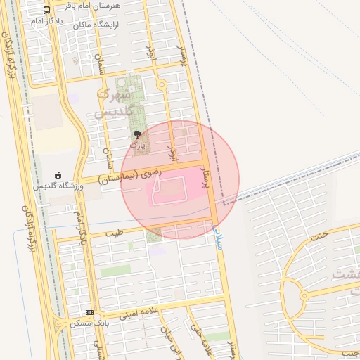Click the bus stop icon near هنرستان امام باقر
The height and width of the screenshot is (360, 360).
coord(46,11)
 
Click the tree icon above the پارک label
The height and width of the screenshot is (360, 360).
coord(137,134)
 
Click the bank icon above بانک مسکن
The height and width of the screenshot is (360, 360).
coord(89,312)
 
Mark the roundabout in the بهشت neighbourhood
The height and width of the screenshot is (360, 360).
coord(304,295)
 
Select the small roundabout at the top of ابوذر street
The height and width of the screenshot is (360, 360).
coord(162,85)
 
